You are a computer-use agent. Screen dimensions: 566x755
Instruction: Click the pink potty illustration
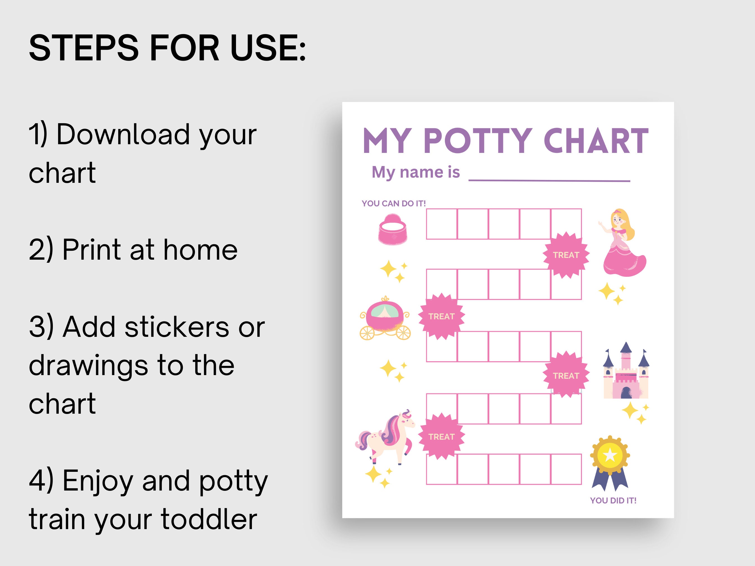tap(393, 229)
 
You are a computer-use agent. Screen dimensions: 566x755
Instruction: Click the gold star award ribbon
tap(610, 462)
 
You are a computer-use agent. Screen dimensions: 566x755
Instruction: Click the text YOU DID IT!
tap(613, 501)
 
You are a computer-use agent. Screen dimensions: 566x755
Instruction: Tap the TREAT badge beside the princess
tap(566, 255)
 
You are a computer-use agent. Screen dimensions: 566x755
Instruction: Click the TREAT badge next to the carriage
tap(441, 316)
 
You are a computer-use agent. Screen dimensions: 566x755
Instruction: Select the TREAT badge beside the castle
tap(566, 376)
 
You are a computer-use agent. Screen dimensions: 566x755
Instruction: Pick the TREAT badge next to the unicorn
tap(441, 437)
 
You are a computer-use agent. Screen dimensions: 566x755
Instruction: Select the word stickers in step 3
tap(177, 327)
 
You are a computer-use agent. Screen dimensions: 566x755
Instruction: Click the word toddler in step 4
tap(209, 519)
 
